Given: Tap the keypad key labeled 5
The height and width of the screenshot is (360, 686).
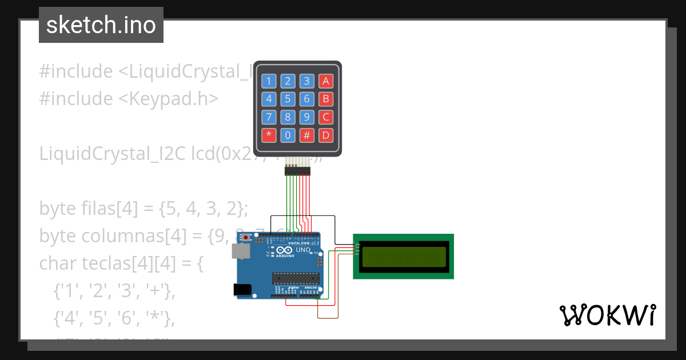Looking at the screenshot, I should coord(288,99).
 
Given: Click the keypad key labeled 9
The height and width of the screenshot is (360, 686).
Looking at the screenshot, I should coord(307,118).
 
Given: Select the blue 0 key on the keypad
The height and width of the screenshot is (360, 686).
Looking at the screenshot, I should coord(288,136).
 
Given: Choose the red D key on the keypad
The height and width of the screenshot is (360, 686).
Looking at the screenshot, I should coord(326,136).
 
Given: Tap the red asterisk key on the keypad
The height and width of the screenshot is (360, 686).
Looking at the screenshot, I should coord(269,136).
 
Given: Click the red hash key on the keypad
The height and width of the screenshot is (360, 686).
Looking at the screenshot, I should coord(307,136).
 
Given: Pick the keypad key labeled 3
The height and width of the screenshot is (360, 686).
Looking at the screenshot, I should coord(307,81).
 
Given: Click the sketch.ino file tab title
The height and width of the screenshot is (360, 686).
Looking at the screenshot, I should coord(101,25).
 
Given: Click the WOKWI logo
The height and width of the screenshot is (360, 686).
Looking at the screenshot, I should coord(607,315).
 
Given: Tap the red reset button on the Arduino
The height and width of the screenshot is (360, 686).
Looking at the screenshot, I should coord(246,237).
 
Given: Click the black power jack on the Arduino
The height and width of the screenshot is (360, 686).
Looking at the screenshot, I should coord(242,290).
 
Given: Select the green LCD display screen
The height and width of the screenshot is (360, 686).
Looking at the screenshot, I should coord(404,257).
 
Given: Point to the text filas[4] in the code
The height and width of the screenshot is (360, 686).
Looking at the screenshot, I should coord(106,209).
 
